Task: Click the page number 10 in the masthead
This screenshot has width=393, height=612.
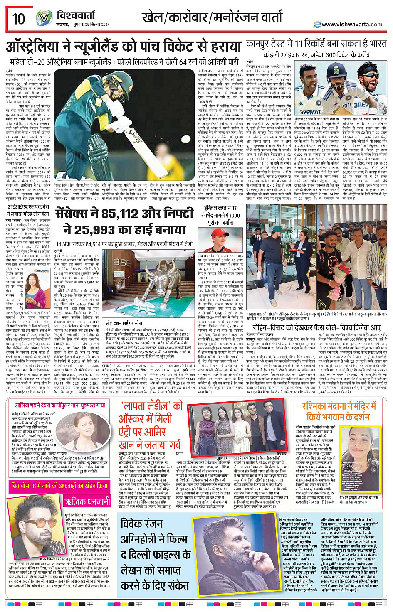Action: coord(19,19)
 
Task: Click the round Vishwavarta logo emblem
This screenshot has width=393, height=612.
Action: coord(44,19)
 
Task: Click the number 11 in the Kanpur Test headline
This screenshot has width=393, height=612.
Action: coord(299,44)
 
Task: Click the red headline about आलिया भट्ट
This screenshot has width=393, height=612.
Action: coord(60,405)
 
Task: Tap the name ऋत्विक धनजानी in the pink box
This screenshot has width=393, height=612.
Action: coord(87,501)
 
